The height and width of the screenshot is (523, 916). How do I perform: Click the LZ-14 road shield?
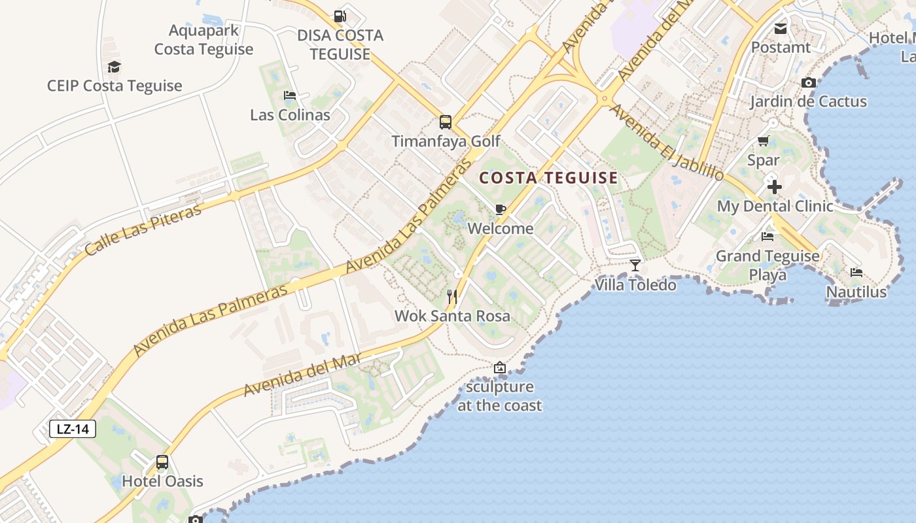pyautogui.click(x=73, y=429)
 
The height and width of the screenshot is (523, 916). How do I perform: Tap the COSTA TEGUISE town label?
pyautogui.click(x=548, y=178)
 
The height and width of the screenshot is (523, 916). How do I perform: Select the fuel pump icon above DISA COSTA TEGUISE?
pyautogui.click(x=340, y=16)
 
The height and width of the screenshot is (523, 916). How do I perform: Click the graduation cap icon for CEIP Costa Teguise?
pyautogui.click(x=114, y=67)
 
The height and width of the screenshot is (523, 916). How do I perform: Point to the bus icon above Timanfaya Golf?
pyautogui.click(x=445, y=122)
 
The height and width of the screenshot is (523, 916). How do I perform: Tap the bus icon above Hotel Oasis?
pyautogui.click(x=162, y=463)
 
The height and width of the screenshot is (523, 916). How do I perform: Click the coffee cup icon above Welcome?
pyautogui.click(x=501, y=210)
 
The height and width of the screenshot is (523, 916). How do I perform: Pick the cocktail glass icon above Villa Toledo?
pyautogui.click(x=635, y=265)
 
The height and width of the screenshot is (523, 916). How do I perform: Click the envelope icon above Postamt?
pyautogui.click(x=780, y=29)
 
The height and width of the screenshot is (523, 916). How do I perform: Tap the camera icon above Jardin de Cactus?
pyautogui.click(x=809, y=83)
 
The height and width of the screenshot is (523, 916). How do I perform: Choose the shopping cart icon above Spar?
pyautogui.click(x=763, y=141)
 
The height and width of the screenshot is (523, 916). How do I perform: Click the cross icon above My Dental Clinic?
pyautogui.click(x=775, y=188)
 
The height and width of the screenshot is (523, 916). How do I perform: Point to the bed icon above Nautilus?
pyautogui.click(x=856, y=273)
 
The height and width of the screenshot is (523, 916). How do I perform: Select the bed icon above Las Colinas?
pyautogui.click(x=290, y=96)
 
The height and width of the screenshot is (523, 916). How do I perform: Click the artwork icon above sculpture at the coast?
pyautogui.click(x=500, y=367)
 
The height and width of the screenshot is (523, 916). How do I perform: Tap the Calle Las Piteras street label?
pyautogui.click(x=143, y=229)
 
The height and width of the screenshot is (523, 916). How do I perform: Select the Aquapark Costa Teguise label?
pyautogui.click(x=203, y=40)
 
